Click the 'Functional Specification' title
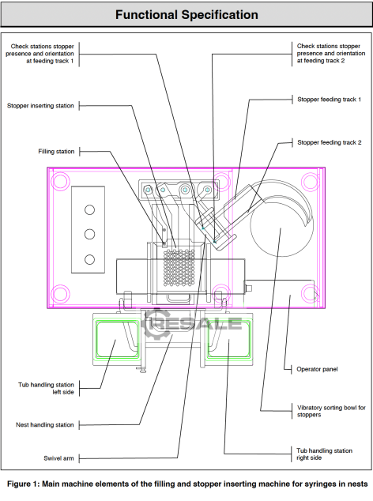(x=186, y=15)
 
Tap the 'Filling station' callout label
(x=56, y=152)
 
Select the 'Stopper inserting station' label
(x=40, y=106)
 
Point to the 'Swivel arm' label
(x=58, y=458)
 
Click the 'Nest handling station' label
(x=45, y=424)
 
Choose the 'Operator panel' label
(x=317, y=369)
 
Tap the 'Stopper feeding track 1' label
(x=330, y=100)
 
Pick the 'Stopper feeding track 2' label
(x=330, y=142)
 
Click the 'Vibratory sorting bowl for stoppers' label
(x=331, y=411)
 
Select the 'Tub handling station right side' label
(x=325, y=454)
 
